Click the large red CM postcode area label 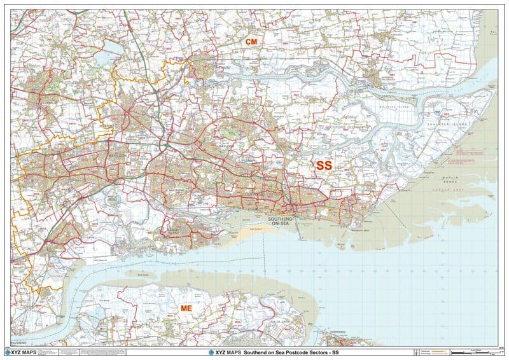pyautogui.click(x=251, y=41)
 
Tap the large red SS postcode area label pyautogui.click(x=324, y=165)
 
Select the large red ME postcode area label pyautogui.click(x=186, y=308)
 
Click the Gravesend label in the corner pyautogui.click(x=19, y=342)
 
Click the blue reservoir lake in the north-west pyautogui.click(x=103, y=59)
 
